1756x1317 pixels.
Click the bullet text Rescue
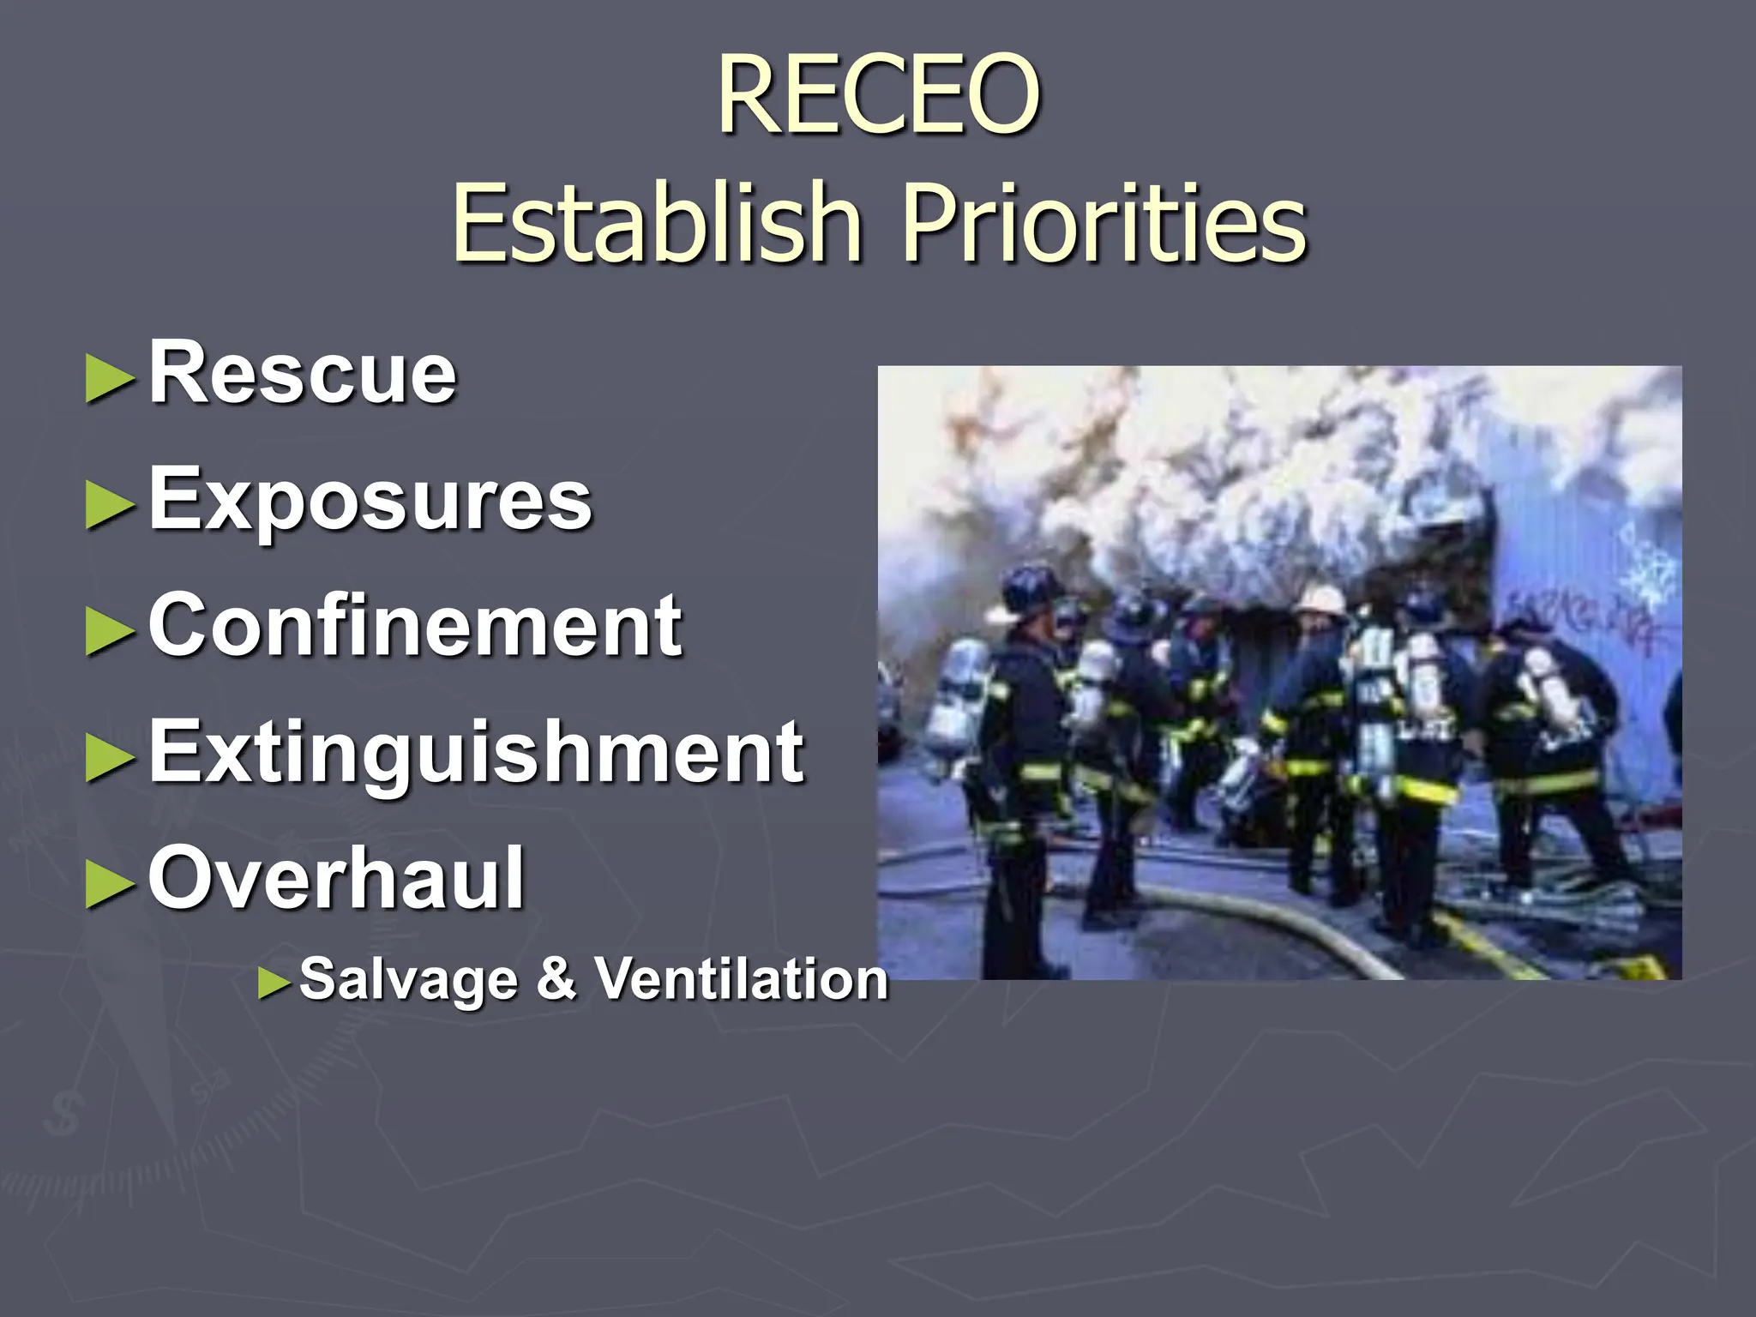click(303, 372)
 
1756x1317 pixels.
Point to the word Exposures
click(370, 499)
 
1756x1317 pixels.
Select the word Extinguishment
click(477, 751)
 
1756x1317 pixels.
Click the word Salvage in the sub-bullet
click(408, 978)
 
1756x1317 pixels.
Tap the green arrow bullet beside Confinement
click(111, 632)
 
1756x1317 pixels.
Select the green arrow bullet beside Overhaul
click(111, 885)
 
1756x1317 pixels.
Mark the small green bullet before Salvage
click(275, 983)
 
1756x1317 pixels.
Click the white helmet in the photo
click(1320, 598)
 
